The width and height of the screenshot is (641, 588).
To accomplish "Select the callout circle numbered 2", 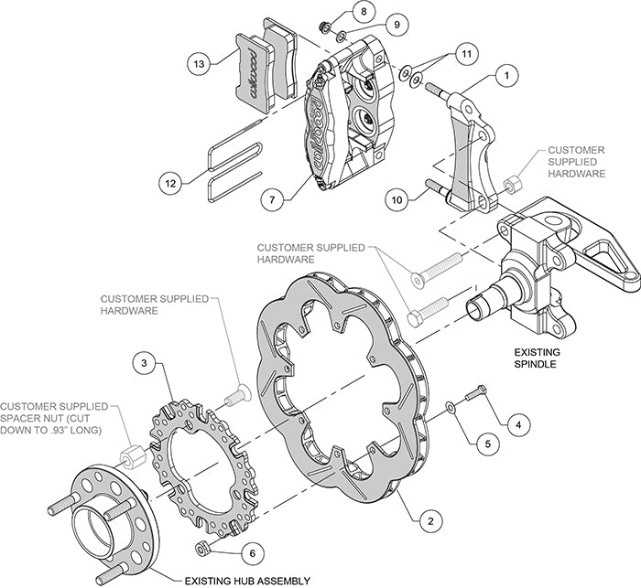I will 425,522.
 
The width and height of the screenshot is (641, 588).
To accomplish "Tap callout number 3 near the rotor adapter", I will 143,362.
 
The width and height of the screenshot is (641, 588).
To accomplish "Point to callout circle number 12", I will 169,182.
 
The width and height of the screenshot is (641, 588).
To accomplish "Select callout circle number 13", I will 198,63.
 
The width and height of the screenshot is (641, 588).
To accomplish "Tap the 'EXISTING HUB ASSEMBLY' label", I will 247,580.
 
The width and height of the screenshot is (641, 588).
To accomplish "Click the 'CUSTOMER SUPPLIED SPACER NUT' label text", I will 55,417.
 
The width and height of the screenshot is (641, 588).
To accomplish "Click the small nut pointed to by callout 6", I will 203,547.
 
